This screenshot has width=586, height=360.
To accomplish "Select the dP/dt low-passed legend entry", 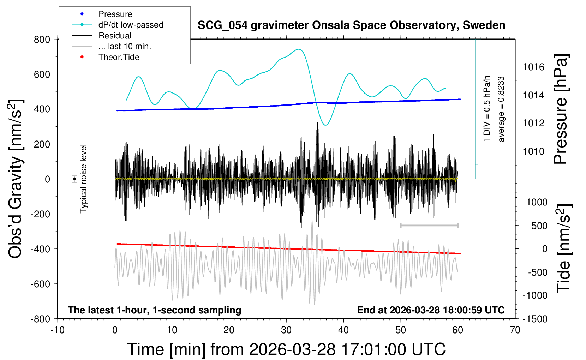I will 131,25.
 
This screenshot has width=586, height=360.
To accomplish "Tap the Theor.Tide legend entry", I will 119,57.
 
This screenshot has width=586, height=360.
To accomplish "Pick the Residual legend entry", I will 115,36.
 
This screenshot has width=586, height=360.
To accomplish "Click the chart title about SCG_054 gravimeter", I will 351,25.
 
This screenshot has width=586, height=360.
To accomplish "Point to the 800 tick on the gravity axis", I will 42,39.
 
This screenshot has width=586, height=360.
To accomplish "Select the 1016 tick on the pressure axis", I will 534,67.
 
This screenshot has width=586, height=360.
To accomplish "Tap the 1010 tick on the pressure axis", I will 534,151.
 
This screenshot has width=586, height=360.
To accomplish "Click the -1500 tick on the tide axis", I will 535,319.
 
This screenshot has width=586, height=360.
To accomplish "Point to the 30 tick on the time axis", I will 286,330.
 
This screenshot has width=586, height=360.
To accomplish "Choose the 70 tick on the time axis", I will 515,330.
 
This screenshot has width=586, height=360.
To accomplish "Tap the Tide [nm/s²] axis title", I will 564,249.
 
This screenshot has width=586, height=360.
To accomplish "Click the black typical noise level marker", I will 75,179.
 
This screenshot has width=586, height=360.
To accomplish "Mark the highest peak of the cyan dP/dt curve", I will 299,49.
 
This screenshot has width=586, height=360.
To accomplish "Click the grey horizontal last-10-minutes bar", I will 429,225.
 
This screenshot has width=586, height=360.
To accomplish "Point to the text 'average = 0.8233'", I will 501,109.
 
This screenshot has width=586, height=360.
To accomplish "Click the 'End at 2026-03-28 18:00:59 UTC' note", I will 431,310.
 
